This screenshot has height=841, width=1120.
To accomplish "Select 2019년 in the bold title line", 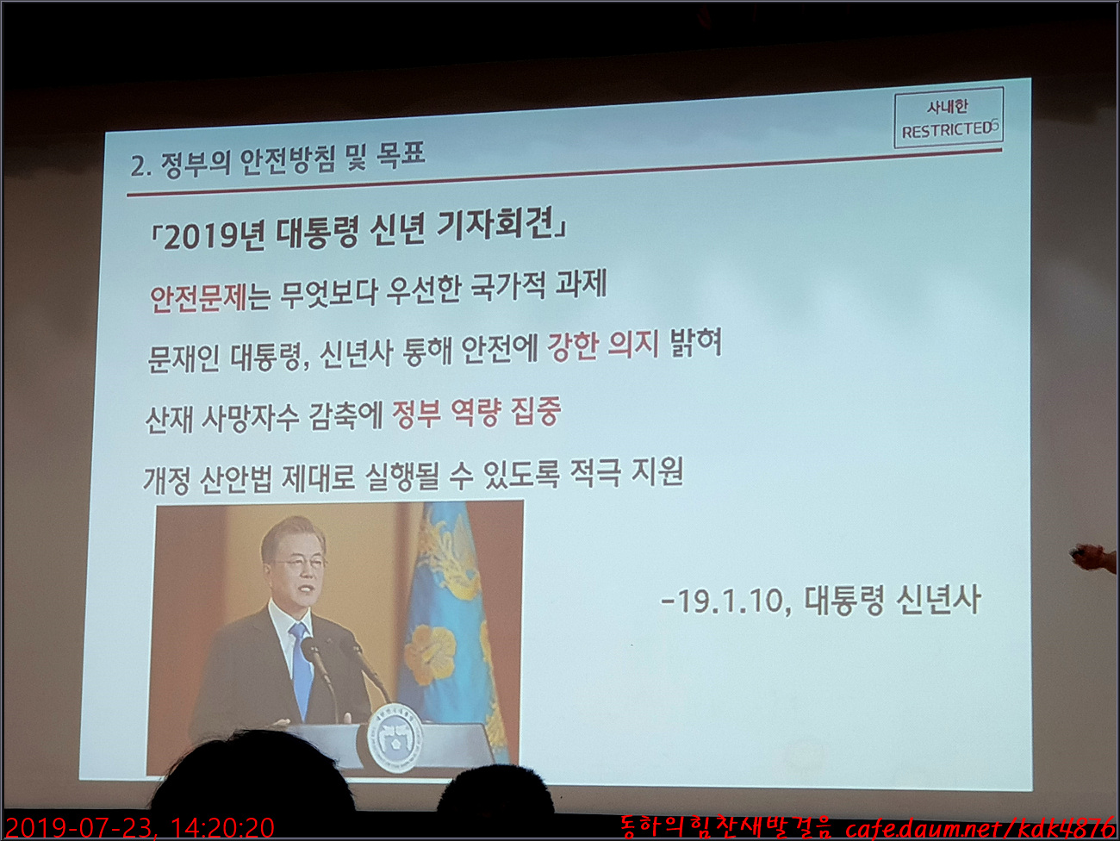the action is (x=215, y=237).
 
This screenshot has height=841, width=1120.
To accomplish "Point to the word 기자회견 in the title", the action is (x=495, y=226).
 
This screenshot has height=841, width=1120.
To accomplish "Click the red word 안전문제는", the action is (x=210, y=297).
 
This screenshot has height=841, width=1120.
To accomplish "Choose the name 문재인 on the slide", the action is (x=184, y=358).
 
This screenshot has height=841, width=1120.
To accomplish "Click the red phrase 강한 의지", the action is (x=602, y=346).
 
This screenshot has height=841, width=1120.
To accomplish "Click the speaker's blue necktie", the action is (x=301, y=669).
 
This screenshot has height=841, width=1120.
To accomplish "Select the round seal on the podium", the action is (x=395, y=738).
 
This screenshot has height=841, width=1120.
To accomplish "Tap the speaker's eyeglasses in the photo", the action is (x=301, y=564).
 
